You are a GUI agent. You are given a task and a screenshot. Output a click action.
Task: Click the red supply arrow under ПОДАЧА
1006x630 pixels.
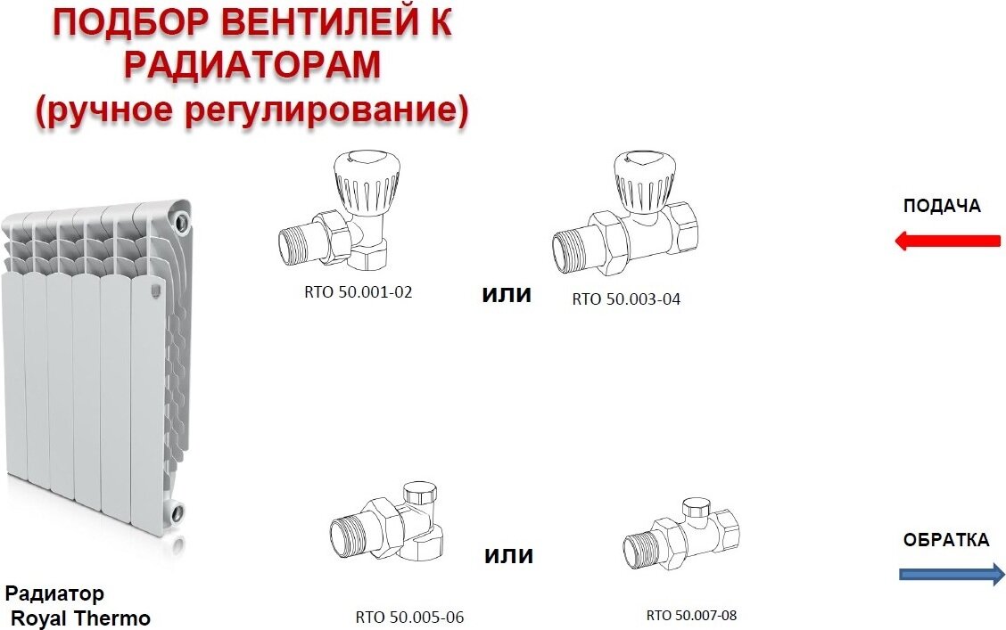point(948,241)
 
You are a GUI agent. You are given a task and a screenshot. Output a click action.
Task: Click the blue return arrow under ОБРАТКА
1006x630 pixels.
point(952,574)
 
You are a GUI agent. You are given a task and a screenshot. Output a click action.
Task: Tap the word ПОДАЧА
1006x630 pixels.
point(942,206)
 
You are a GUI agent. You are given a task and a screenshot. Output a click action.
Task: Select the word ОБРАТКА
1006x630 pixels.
point(945,540)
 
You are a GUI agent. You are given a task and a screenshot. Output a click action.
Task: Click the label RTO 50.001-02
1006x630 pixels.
point(358,292)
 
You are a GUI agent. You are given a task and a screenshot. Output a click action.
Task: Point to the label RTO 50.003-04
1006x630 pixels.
point(626,299)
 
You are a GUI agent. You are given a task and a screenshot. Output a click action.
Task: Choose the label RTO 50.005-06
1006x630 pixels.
point(409,618)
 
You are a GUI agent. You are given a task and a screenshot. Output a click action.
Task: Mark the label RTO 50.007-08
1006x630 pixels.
point(692,615)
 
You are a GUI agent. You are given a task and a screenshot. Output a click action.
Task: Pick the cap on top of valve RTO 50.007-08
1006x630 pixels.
point(697,508)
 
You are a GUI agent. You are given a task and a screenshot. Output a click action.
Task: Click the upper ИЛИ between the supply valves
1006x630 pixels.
point(507,295)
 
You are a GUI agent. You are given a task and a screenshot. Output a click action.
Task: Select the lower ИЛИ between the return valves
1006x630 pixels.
point(508,555)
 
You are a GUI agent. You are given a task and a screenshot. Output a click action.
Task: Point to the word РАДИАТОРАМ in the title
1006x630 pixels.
point(252,65)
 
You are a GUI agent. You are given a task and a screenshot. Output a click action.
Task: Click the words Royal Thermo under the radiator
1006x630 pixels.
point(81,618)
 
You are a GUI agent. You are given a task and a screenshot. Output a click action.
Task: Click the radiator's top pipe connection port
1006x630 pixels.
point(182,217)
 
